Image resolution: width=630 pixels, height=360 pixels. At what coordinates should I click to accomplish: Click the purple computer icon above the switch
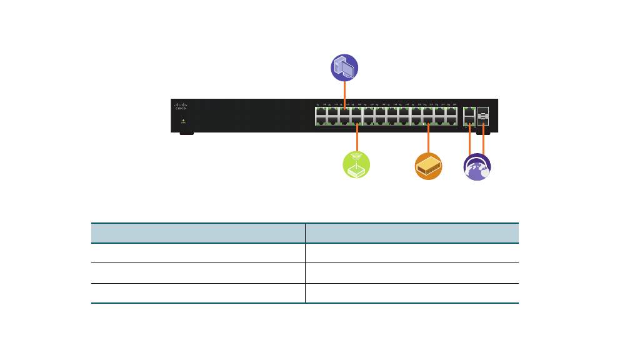click(344, 67)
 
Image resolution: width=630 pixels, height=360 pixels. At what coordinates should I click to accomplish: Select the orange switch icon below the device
click(428, 166)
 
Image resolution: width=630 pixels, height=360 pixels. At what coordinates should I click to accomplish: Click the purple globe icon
click(477, 167)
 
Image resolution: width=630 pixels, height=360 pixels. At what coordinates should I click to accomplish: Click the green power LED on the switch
click(182, 120)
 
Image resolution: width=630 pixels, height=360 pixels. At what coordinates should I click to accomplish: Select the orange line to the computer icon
click(344, 94)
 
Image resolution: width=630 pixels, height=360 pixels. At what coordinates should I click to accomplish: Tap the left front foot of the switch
click(186, 133)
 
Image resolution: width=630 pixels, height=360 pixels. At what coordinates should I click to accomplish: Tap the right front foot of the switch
click(483, 133)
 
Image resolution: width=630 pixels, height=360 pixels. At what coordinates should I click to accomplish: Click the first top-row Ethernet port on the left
click(321, 112)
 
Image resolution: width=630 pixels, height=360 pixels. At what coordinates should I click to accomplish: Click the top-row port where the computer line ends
click(344, 112)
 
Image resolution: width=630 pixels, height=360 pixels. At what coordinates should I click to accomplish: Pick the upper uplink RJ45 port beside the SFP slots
click(468, 111)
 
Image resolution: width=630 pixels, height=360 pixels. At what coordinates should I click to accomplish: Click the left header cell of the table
click(198, 233)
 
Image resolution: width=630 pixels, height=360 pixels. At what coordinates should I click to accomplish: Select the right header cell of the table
click(412, 233)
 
